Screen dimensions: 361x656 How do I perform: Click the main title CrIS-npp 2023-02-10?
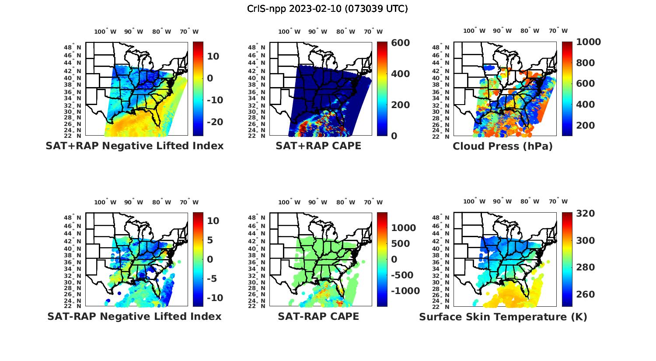tap(328, 9)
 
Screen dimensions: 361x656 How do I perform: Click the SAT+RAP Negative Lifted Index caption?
tap(135, 146)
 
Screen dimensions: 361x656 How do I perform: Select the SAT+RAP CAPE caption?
tap(318, 146)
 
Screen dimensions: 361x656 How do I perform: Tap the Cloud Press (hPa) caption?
tap(502, 146)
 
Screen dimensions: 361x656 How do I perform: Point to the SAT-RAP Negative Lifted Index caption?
tap(134, 316)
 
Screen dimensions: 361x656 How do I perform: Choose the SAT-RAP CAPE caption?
tap(318, 316)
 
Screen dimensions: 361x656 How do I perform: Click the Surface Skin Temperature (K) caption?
tap(503, 317)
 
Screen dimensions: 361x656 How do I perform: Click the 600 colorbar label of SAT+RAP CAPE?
tap(401, 43)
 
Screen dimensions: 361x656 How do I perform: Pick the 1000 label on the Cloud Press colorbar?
tap(588, 42)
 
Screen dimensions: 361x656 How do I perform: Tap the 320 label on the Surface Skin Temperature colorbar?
tap(586, 214)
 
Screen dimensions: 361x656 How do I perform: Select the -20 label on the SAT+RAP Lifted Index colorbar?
tap(215, 122)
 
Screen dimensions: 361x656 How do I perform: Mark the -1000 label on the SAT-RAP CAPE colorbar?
tap(405, 291)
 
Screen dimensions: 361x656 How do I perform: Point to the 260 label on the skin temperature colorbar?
tap(586, 294)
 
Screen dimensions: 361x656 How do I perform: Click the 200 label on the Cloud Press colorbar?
tap(586, 126)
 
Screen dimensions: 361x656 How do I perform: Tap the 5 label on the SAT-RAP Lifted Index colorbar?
tap(210, 240)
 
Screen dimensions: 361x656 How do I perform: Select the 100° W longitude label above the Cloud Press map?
tap(475, 31)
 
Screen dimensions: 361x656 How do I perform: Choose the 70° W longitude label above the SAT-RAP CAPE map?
tap(373, 202)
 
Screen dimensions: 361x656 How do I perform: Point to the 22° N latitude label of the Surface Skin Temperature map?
tap(441, 306)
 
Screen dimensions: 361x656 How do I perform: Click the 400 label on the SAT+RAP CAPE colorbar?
tap(401, 74)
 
